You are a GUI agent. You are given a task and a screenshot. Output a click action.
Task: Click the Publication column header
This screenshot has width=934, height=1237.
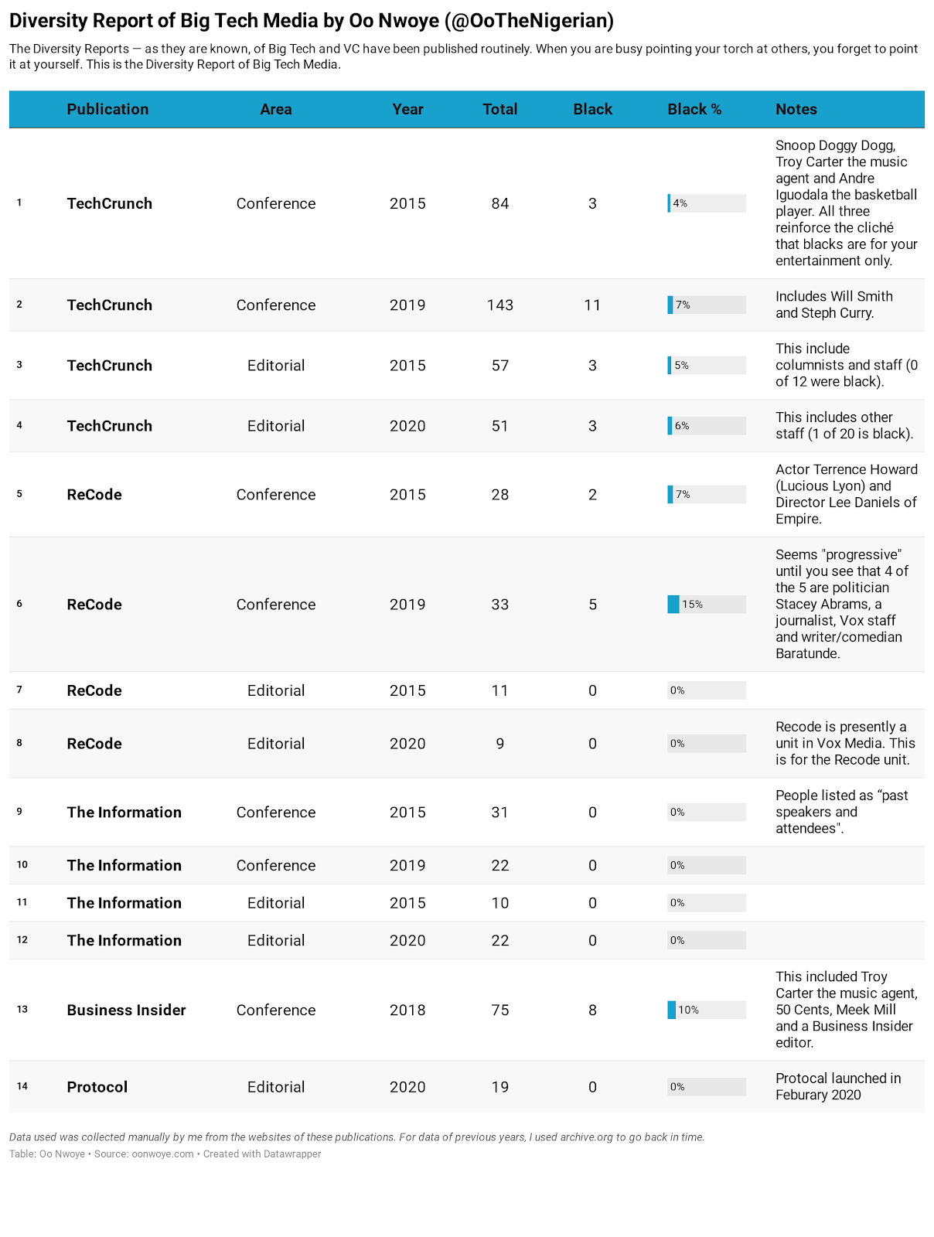(x=107, y=109)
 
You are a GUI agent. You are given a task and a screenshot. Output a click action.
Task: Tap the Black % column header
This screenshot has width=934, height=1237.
(x=694, y=109)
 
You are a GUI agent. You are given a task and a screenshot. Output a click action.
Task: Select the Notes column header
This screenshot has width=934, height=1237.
(x=796, y=109)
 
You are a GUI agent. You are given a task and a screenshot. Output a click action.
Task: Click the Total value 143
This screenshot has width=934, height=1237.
(x=500, y=305)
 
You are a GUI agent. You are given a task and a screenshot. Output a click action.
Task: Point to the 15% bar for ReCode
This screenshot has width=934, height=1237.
(x=674, y=604)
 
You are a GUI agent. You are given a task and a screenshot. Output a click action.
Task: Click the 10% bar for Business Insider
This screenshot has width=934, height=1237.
(x=672, y=1010)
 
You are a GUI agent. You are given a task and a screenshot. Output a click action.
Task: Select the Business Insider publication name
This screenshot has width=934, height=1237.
(x=126, y=1010)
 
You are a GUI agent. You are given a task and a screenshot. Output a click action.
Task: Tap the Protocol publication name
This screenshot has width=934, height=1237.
(x=97, y=1086)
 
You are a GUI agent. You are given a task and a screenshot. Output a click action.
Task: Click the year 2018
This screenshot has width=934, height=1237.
(x=407, y=1010)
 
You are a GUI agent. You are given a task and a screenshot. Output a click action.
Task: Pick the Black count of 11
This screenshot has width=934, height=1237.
(x=592, y=305)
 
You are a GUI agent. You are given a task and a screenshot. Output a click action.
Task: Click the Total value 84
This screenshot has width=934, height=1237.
(x=500, y=203)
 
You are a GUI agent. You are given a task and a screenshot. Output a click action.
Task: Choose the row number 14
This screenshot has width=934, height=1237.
(x=22, y=1086)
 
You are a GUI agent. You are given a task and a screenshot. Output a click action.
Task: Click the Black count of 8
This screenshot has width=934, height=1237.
(x=592, y=1010)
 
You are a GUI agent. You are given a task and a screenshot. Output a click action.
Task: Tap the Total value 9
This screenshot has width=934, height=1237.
(x=500, y=743)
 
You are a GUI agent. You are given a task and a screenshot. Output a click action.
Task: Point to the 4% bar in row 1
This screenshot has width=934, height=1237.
(x=670, y=203)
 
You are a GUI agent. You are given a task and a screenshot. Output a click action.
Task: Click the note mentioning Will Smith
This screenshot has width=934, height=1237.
(x=833, y=305)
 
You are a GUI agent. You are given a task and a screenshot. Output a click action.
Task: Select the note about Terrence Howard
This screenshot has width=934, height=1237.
(x=846, y=494)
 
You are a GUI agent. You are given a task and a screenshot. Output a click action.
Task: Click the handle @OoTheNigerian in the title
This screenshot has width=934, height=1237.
(x=530, y=21)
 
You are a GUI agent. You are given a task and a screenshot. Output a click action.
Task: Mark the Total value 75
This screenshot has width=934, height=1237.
(x=500, y=1010)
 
